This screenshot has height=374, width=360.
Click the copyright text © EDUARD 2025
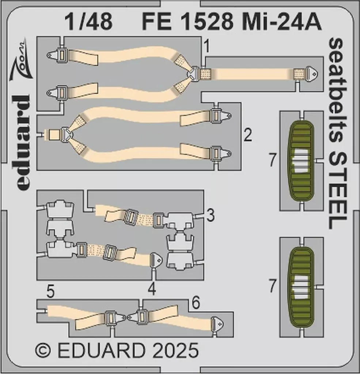pyautogui.click(x=117, y=350)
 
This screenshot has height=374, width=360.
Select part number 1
pyautogui.click(x=207, y=47)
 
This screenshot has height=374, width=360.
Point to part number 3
pyautogui.click(x=210, y=216)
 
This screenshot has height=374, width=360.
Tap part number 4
pyautogui.click(x=152, y=289)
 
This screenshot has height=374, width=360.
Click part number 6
pyautogui.click(x=196, y=303)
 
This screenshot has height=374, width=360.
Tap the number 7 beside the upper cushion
pyautogui.click(x=272, y=161)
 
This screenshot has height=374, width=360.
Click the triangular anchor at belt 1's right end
pyautogui.click(x=311, y=74)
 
